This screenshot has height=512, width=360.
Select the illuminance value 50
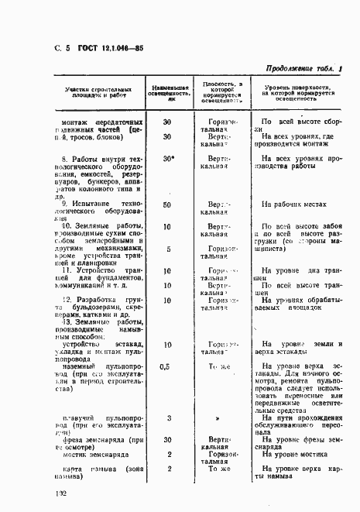pos(167,204)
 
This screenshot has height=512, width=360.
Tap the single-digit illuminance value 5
pos(168,249)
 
